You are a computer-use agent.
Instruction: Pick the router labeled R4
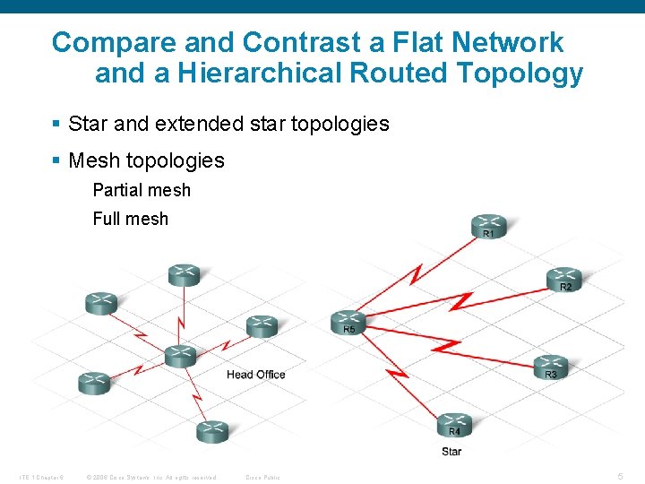(455, 422)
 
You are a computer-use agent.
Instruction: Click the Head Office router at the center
(180, 355)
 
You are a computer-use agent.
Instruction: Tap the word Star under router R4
(451, 451)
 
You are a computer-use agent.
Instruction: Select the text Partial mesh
(142, 190)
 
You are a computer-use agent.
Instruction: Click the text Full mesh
(130, 218)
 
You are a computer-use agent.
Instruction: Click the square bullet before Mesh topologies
(56, 160)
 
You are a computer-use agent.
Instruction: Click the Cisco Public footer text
(262, 477)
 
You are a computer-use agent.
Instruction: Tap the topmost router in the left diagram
(184, 274)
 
